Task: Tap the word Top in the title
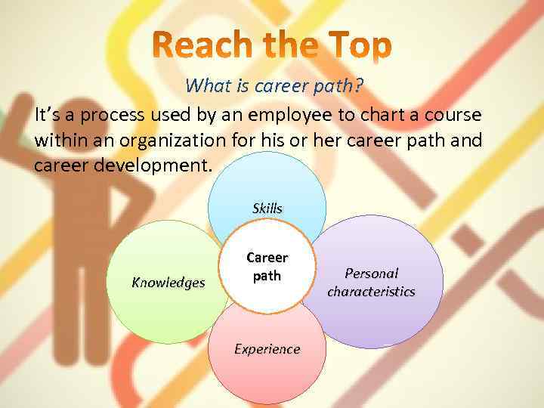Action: [x=360, y=47]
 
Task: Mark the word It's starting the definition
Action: [x=49, y=116]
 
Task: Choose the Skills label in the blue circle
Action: [x=267, y=208]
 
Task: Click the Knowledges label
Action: [x=168, y=283]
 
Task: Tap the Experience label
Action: [x=267, y=348]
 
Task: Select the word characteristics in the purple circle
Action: [x=371, y=291]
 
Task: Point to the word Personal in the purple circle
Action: [x=371, y=274]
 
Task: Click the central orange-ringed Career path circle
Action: [x=266, y=267]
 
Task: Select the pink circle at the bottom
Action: [x=267, y=374]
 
